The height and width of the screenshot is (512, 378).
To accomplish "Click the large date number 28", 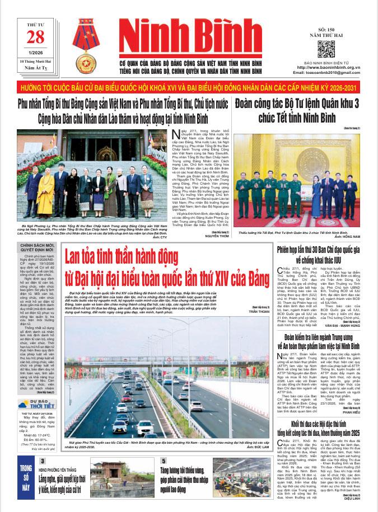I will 35,37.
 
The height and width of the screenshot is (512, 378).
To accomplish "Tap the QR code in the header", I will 325,49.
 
